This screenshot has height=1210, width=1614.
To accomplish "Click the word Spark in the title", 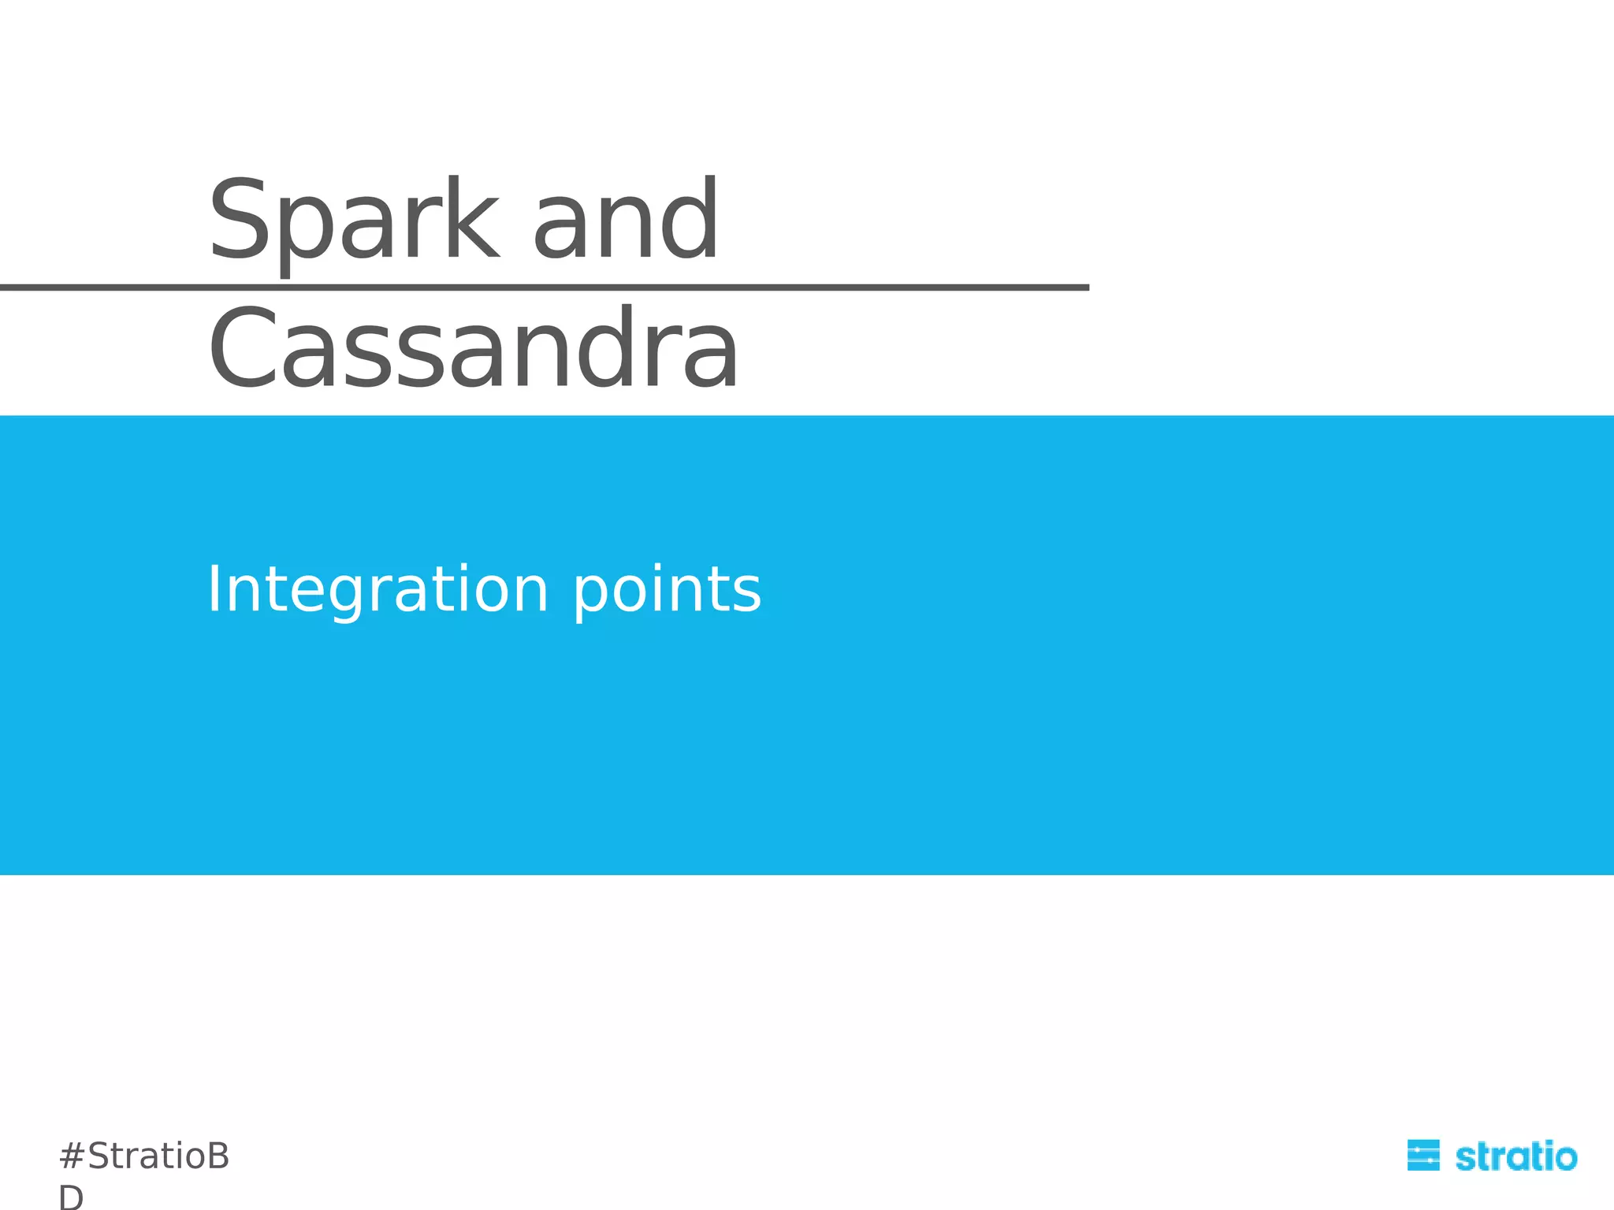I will tap(353, 221).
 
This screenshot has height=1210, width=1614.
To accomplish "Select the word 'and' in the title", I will tap(626, 221).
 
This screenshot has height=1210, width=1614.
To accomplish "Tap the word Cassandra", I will tap(473, 349).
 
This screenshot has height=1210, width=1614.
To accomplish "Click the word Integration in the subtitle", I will tap(377, 589).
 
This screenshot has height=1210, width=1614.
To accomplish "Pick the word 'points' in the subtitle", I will tap(667, 591).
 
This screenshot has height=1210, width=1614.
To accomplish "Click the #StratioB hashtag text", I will tap(144, 1156).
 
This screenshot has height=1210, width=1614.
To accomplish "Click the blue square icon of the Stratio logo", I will tap(1423, 1155).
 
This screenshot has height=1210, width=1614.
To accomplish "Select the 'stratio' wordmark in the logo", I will tap(1515, 1156).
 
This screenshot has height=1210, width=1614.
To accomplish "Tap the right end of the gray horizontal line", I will tap(1086, 288).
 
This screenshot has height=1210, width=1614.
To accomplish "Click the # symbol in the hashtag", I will tap(72, 1156).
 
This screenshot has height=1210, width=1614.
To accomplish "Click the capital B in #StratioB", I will tap(217, 1156).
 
